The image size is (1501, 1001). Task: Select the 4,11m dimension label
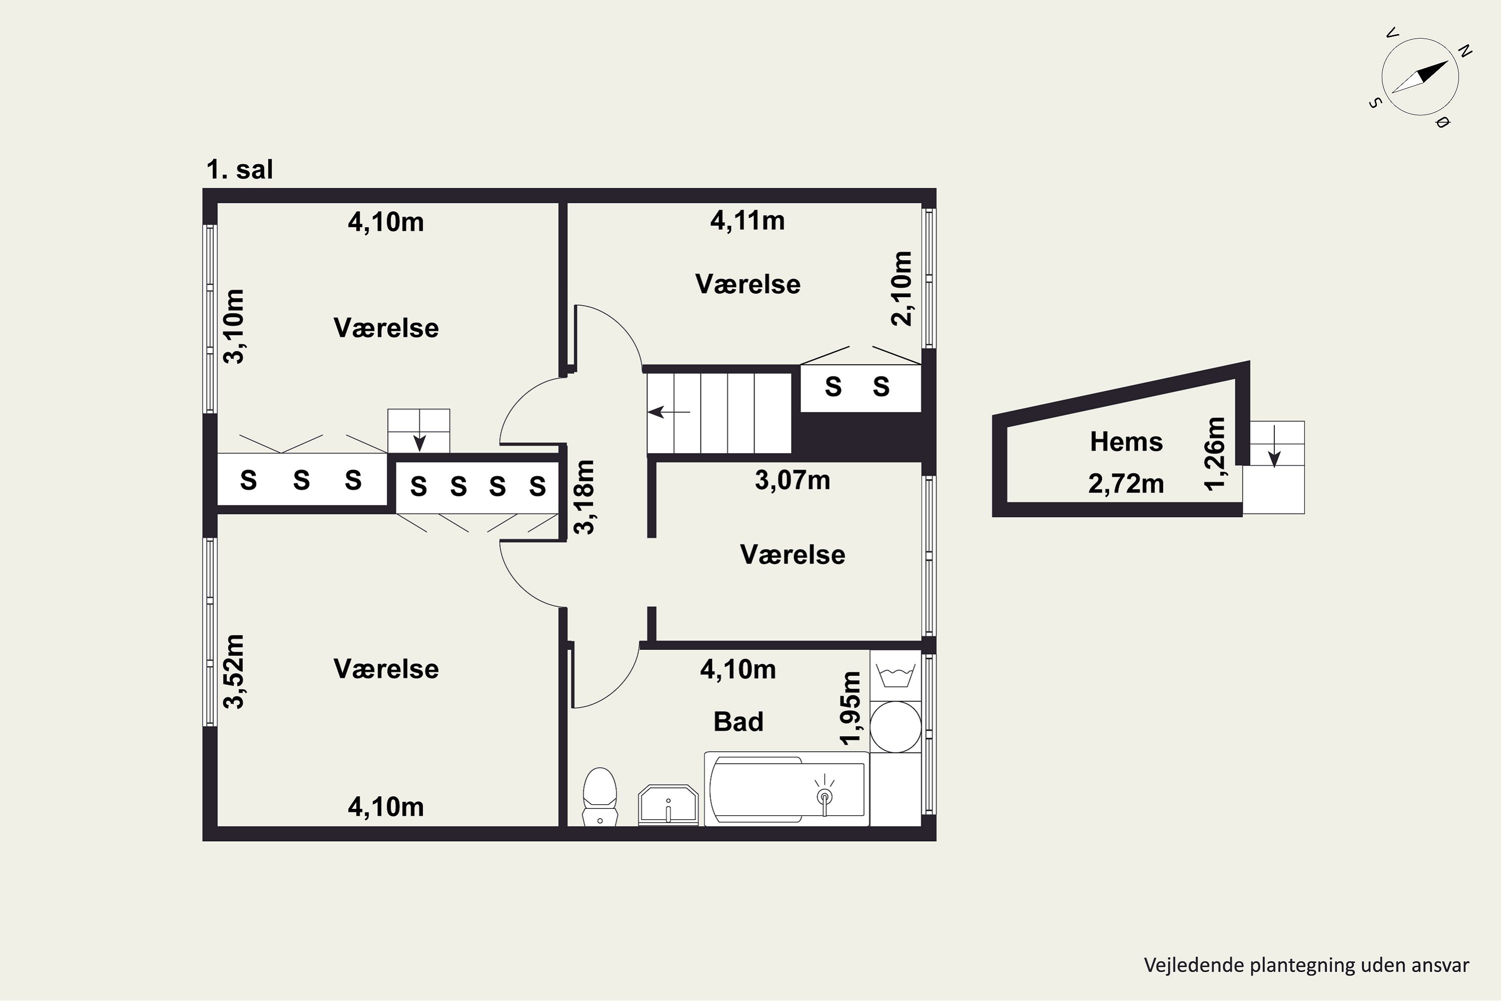point(747,221)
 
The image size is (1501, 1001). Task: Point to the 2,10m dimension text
point(902,289)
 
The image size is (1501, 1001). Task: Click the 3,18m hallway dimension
point(584,496)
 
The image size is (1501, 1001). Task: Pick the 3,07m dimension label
point(793,480)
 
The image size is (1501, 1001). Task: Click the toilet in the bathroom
point(600,797)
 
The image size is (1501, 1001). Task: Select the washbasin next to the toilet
point(668,804)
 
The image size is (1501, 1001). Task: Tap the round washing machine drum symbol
point(896,727)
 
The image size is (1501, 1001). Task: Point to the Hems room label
point(1126,442)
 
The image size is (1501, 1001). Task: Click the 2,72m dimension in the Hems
point(1126,484)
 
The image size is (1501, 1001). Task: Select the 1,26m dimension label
point(1215,453)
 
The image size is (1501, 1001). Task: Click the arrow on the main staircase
point(669,412)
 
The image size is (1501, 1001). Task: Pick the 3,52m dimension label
point(234,672)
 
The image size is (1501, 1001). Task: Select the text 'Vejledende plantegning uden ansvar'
point(1307,965)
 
